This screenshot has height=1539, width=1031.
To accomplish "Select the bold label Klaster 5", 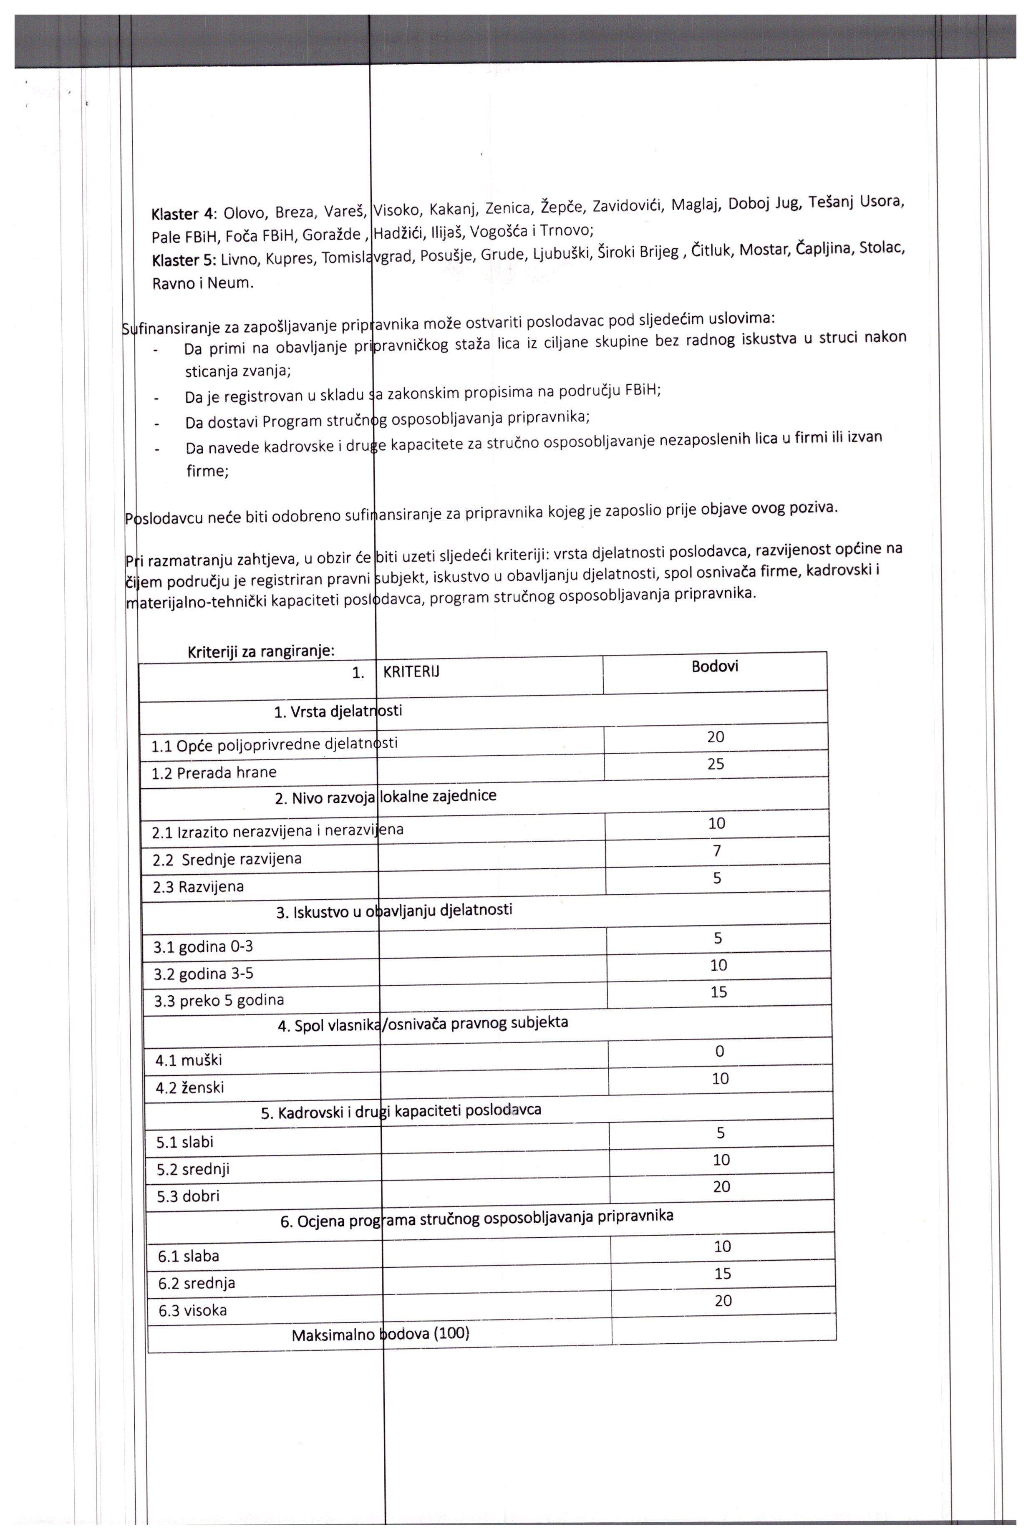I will [184, 260].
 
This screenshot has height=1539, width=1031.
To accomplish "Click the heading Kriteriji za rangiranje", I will [261, 651].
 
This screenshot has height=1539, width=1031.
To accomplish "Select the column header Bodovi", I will [715, 666].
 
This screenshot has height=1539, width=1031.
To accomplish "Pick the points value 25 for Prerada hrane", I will [716, 764].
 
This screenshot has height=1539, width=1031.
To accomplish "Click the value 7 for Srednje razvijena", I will [717, 851].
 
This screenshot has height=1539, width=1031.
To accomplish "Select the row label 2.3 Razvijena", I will [198, 887].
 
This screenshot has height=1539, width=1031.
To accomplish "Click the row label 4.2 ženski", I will [189, 1087].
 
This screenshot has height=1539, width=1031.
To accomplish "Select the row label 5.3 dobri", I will [188, 1196].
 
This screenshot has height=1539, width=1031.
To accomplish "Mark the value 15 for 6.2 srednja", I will [723, 1274].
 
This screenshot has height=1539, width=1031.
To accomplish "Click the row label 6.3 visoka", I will [193, 1310].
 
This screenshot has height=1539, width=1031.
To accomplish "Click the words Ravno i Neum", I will [202, 283].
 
